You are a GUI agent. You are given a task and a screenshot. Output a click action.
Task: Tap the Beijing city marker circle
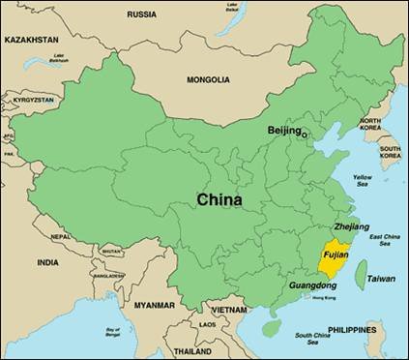(305, 134)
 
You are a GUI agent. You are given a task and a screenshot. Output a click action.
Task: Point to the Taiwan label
(380, 279)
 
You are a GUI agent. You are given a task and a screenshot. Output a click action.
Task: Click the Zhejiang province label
(325, 226)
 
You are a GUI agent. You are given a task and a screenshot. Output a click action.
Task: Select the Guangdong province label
(312, 287)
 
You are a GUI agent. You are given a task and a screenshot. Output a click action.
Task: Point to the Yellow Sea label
(362, 181)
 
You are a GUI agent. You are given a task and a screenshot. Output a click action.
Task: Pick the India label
(47, 262)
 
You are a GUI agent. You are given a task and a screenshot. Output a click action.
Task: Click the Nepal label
(60, 236)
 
